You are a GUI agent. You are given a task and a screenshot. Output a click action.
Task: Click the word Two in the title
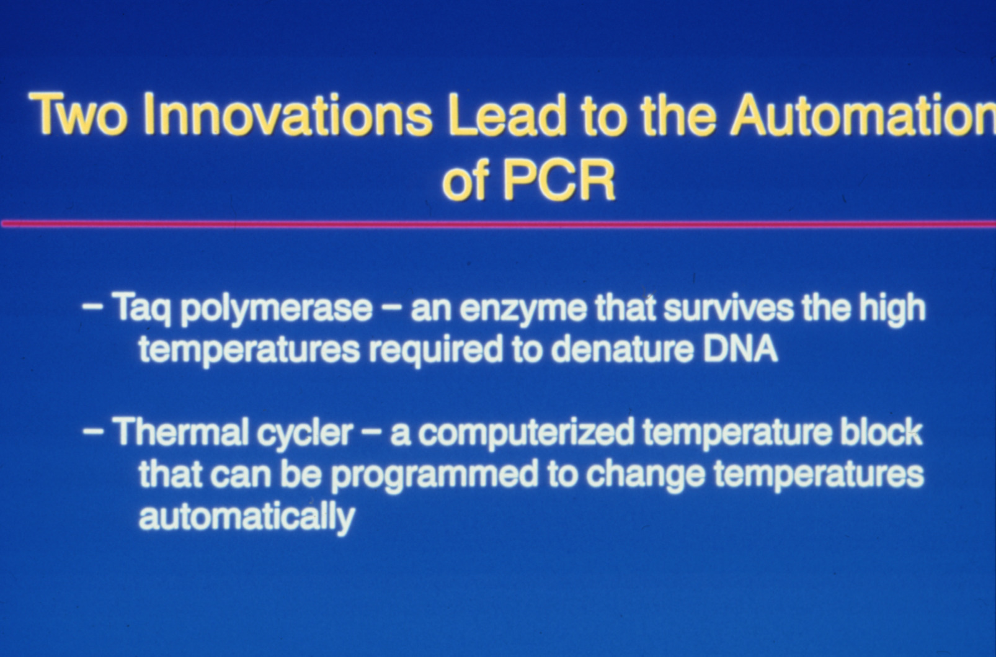76,114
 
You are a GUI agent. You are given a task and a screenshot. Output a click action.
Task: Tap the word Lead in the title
507,114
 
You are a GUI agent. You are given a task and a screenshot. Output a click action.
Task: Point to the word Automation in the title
863,114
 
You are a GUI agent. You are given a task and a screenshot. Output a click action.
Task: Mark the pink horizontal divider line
498,224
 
